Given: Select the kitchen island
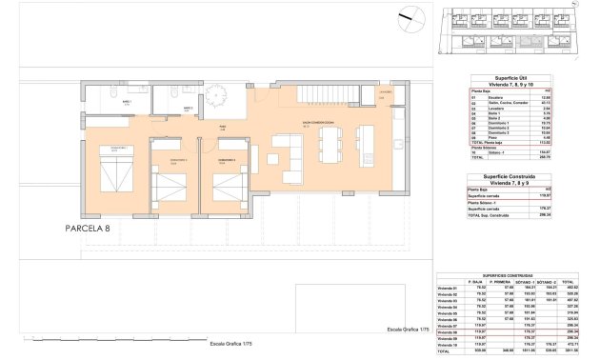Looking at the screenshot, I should point(367,141).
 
